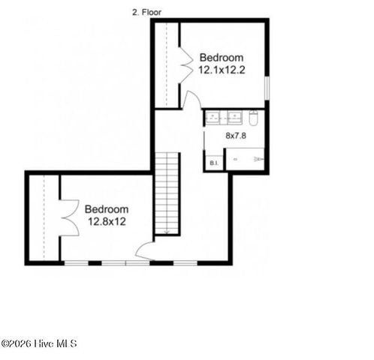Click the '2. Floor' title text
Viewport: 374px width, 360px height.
146,12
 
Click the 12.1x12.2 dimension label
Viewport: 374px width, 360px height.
222,70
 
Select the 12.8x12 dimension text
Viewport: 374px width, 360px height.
107,221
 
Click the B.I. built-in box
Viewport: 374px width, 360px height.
214,162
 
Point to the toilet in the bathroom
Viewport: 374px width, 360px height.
254,118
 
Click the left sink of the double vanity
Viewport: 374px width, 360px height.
213,117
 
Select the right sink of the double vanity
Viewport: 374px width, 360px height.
234,117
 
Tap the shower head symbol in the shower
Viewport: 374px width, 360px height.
259,160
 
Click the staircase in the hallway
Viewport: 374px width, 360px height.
167,193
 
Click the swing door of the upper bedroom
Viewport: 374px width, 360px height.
192,100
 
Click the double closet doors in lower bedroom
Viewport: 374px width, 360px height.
68,217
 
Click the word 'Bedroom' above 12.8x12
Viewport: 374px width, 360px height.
106,209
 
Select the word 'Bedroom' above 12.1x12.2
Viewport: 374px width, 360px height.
222,58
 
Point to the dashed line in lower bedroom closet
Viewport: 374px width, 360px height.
44,217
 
